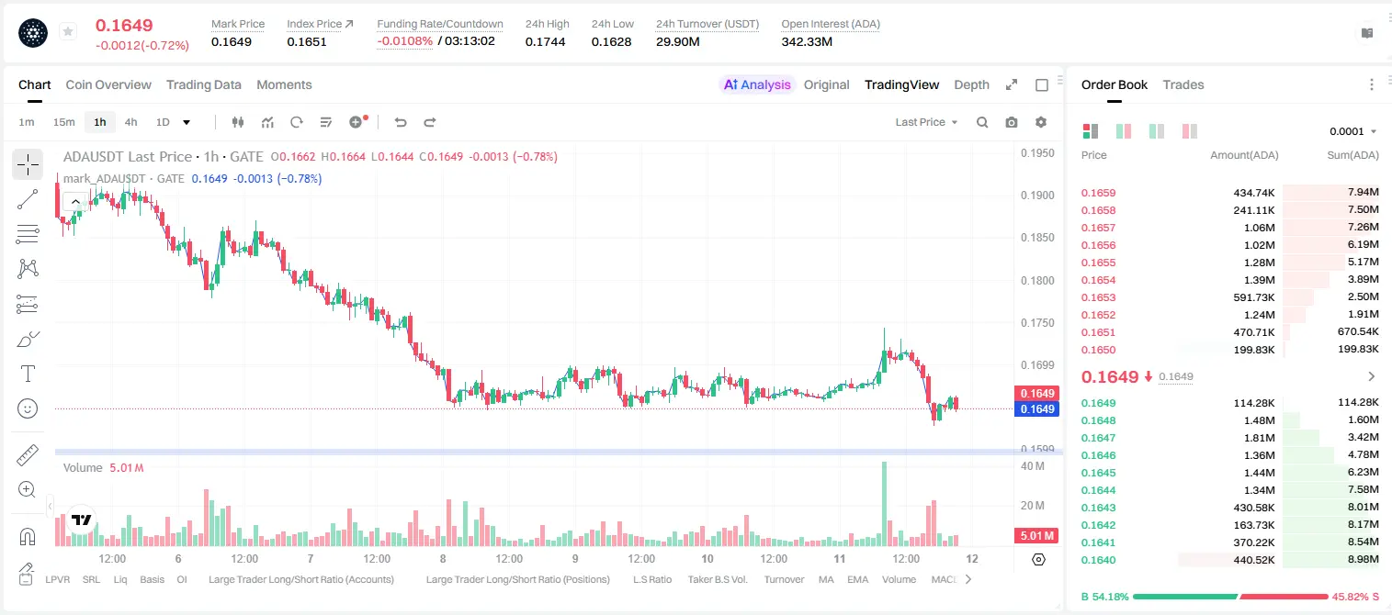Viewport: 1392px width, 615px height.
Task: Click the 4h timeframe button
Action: click(130, 122)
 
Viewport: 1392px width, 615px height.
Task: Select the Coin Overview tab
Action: click(108, 84)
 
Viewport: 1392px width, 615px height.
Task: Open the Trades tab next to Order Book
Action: click(1183, 84)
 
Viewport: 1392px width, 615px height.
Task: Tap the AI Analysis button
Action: click(757, 84)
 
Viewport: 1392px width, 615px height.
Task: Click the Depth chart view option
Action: click(971, 84)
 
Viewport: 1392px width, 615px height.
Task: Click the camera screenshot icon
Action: click(1011, 122)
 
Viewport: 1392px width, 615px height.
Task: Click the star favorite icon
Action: click(68, 31)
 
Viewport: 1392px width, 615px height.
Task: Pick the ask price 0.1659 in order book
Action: click(1098, 193)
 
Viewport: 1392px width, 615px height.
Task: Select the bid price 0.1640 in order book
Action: click(1098, 560)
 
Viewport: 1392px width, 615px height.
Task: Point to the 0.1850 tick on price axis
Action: click(1037, 238)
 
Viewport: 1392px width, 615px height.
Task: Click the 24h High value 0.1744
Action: click(545, 41)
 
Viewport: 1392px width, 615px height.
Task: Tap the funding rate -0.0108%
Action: click(404, 41)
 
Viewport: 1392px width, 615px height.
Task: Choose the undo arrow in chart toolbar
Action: click(401, 122)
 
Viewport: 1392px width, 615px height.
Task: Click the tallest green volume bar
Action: click(884, 503)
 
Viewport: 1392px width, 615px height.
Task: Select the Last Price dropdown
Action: click(926, 122)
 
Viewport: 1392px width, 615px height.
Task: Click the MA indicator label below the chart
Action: click(826, 579)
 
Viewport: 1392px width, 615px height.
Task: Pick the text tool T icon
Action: click(28, 374)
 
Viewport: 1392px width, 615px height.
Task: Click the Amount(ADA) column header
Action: click(1244, 155)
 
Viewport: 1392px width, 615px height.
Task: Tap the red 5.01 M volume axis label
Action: click(1036, 535)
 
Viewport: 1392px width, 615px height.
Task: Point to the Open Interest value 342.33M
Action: click(807, 41)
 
